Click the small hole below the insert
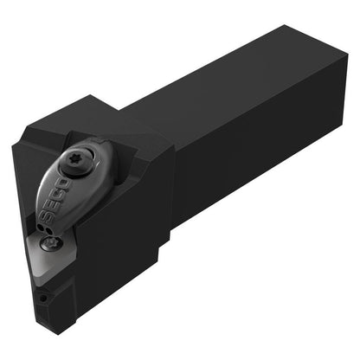coord(42,298)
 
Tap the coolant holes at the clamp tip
coord(45,228)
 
